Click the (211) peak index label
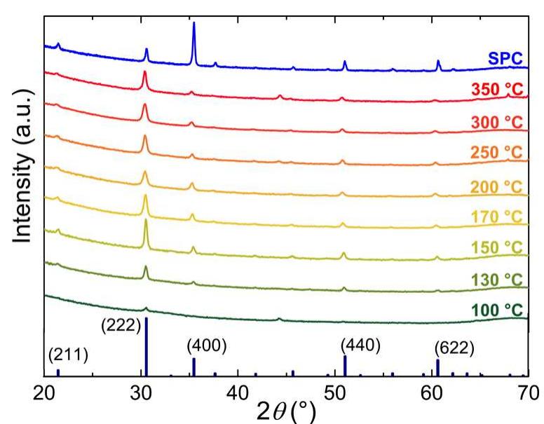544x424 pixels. (68, 355)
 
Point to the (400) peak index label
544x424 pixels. (207, 346)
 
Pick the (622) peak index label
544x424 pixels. (454, 347)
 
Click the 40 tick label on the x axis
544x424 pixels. (238, 392)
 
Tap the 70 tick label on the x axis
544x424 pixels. (527, 392)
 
